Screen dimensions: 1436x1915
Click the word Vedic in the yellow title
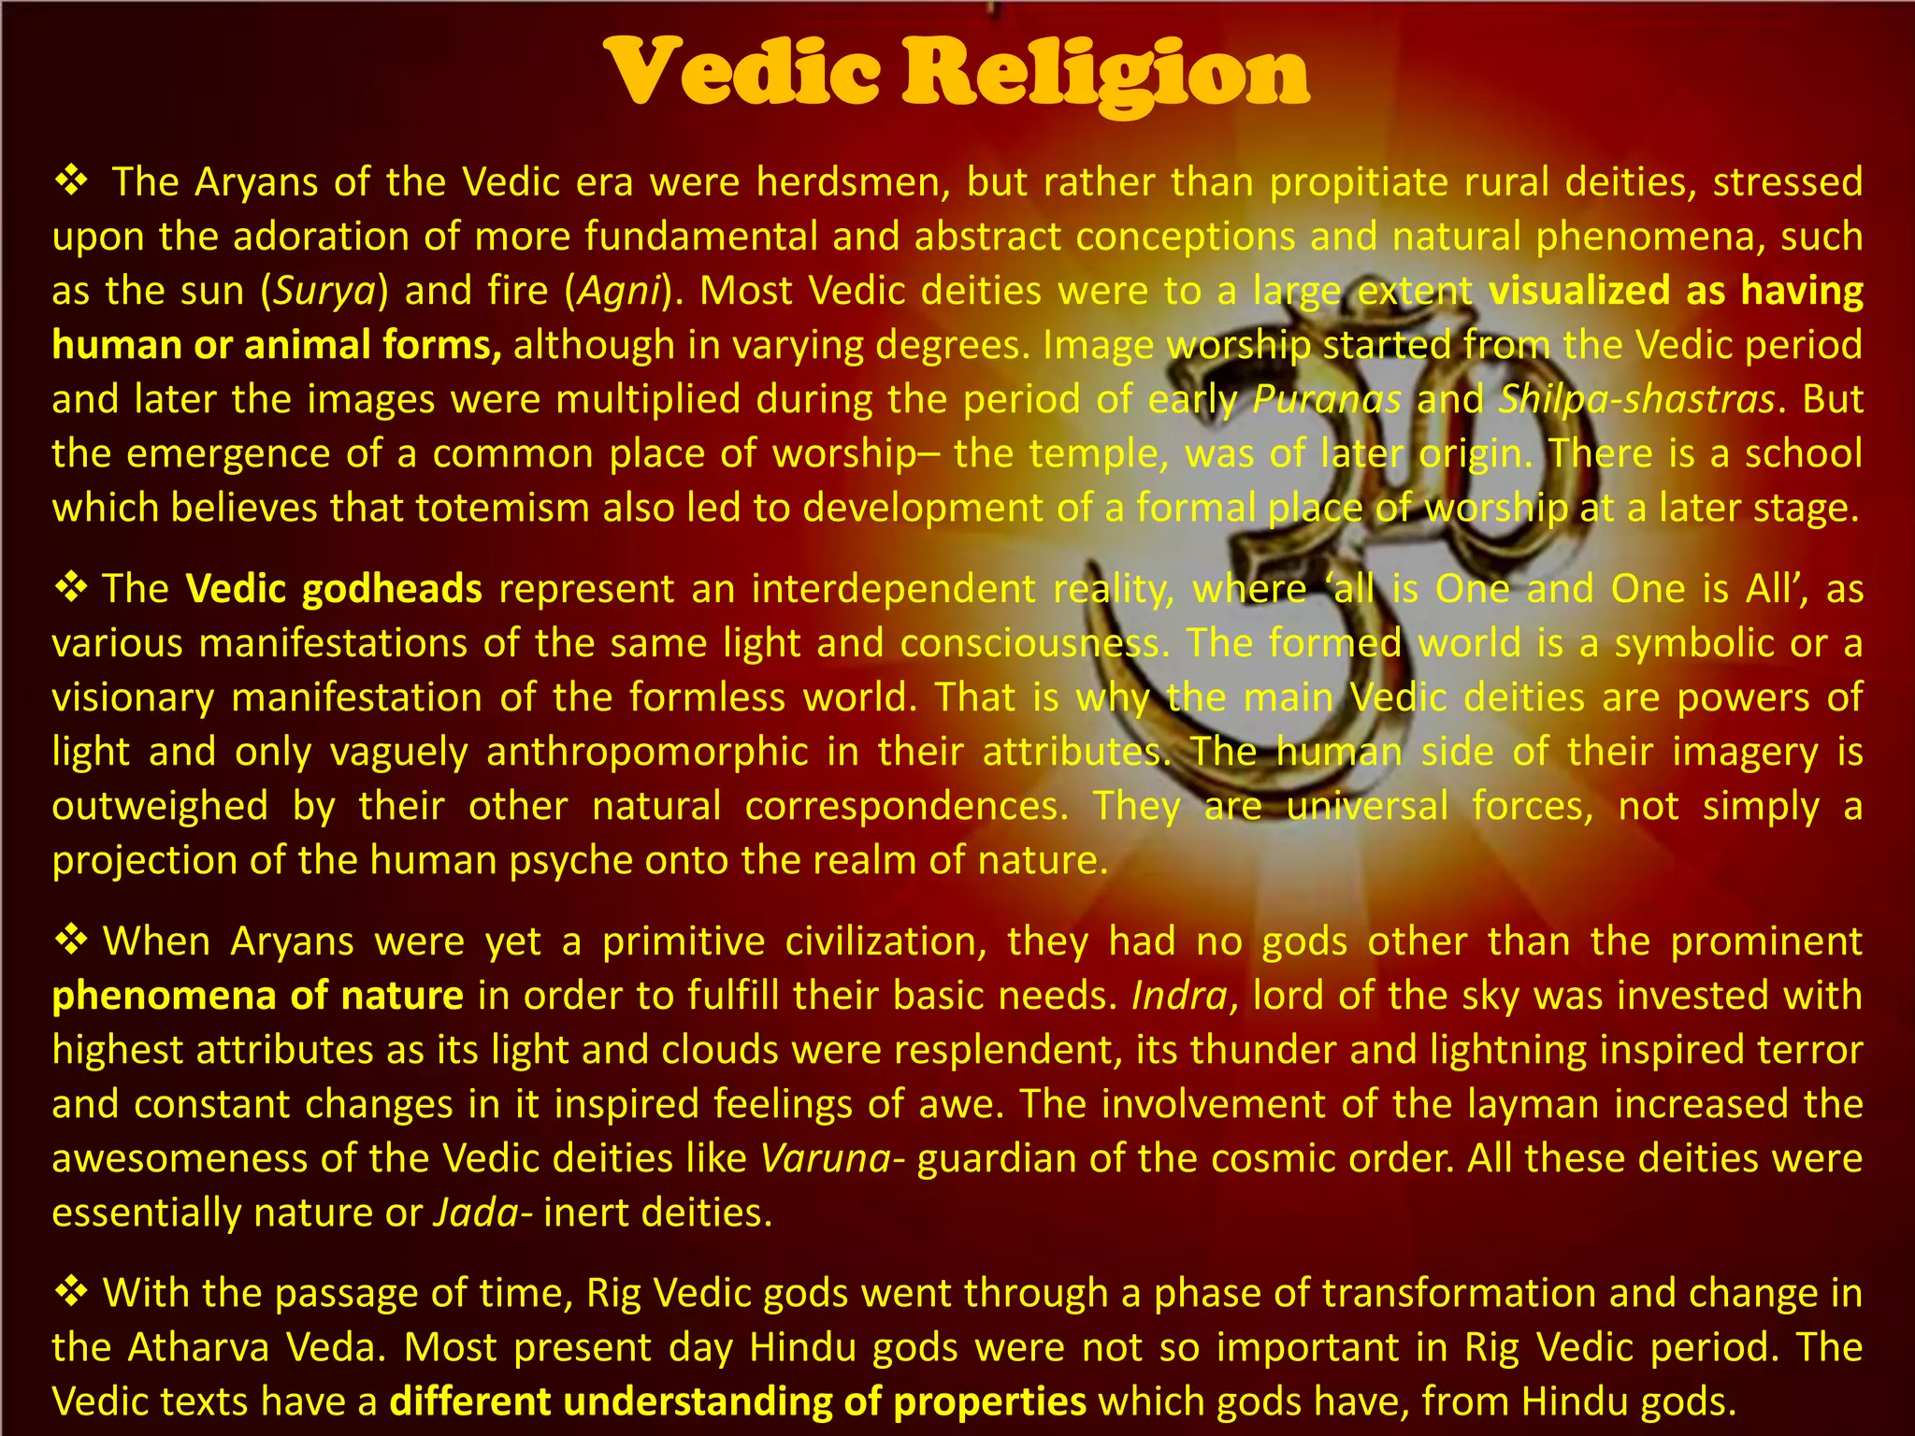click(742, 73)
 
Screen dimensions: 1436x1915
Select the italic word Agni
click(619, 292)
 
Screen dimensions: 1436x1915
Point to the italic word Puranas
click(1327, 400)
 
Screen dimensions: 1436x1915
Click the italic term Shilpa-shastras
click(1636, 400)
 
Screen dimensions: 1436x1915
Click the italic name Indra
click(1179, 996)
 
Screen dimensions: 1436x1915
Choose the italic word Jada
click(475, 1213)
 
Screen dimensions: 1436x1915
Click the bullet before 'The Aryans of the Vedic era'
click(72, 179)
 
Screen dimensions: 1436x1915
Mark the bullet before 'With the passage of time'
click(72, 1291)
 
